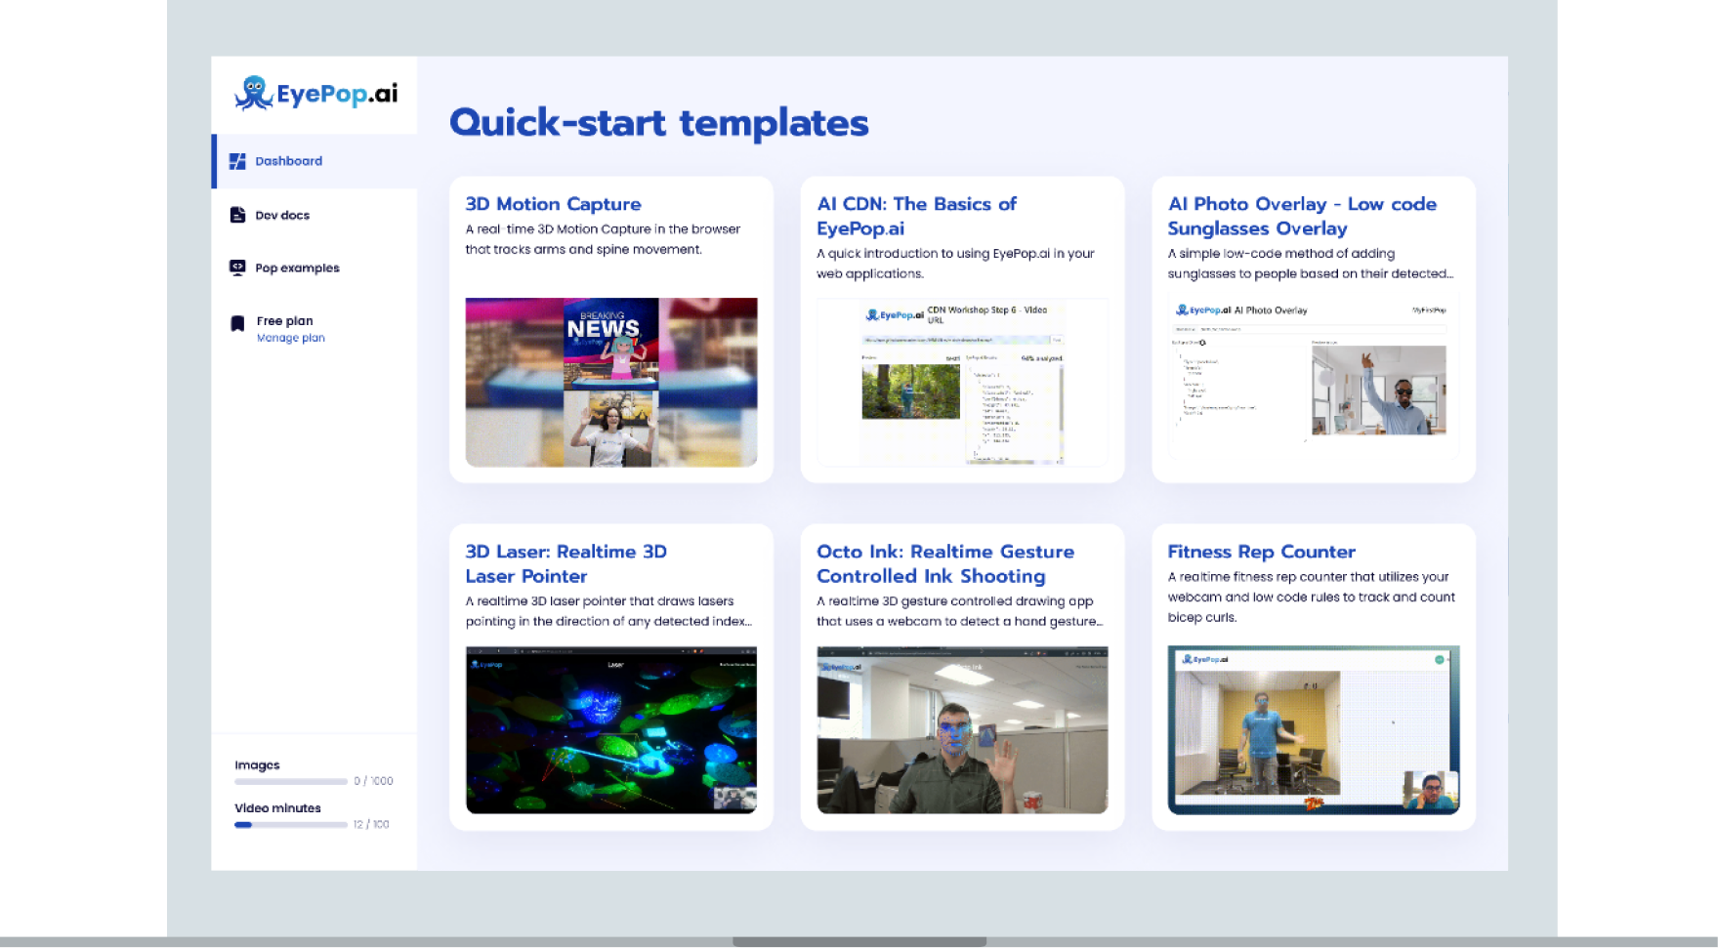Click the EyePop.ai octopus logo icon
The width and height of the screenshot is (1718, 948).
(253, 94)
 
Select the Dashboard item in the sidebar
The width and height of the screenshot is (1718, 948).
(288, 161)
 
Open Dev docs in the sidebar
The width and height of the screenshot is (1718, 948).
(281, 216)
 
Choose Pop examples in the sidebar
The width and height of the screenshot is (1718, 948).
(297, 268)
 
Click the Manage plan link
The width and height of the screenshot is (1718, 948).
(290, 338)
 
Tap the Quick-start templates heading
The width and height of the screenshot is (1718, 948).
(658, 123)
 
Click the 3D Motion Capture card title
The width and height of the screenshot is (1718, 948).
(553, 204)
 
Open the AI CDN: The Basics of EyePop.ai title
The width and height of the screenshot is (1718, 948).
(916, 216)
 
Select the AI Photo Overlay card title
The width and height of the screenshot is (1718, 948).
(1301, 216)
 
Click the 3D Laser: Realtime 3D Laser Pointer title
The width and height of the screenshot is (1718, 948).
(566, 563)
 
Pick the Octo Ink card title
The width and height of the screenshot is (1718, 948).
(944, 563)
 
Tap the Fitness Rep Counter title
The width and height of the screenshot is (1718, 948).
(1261, 552)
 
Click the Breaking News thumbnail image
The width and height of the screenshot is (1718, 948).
(610, 382)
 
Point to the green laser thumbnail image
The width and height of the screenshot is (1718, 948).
(610, 729)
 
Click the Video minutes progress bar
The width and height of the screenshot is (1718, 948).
(290, 825)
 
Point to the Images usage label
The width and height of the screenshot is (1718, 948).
(257, 765)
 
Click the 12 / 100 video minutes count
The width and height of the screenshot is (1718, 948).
(371, 825)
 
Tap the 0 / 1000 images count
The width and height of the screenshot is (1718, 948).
(373, 781)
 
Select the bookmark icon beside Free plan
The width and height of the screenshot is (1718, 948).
(237, 324)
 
